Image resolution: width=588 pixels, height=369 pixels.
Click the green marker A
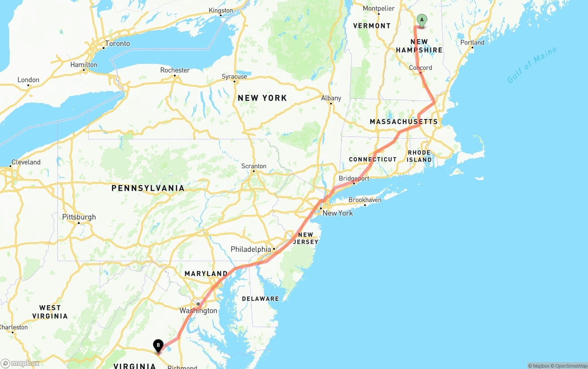tap(422, 20)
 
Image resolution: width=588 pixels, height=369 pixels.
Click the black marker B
tap(158, 345)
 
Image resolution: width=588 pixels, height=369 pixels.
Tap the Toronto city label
tap(117, 44)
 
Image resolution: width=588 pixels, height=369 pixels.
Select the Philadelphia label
tap(251, 249)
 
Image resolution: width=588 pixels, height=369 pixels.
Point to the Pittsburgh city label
tap(79, 217)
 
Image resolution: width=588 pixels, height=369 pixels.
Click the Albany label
tap(331, 98)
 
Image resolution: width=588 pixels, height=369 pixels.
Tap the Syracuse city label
tap(234, 76)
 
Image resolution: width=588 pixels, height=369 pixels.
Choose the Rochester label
tap(175, 70)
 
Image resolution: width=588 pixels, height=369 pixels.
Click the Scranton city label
tap(254, 166)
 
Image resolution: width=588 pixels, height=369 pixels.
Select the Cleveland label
tap(26, 162)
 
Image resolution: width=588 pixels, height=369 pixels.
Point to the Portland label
tap(472, 42)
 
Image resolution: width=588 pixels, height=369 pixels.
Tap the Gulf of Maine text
tap(531, 65)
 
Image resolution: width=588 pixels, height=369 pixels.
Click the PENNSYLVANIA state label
tap(148, 188)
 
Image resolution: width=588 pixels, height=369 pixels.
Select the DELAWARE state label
tap(260, 299)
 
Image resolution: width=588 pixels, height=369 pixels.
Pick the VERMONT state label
tap(372, 26)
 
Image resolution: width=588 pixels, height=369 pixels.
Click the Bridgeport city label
tap(354, 178)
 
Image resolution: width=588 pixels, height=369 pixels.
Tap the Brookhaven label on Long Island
tap(365, 200)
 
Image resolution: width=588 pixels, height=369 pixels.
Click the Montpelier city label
tap(379, 8)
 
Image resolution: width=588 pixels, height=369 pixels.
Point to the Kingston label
tap(220, 11)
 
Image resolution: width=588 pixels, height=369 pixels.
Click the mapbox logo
tap(20, 363)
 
